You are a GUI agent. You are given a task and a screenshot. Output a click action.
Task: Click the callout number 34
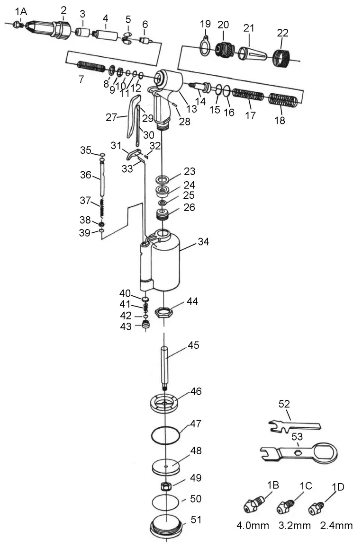point(204,242)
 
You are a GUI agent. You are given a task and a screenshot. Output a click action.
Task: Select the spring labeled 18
point(283,101)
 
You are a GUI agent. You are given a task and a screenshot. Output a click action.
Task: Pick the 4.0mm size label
point(253,525)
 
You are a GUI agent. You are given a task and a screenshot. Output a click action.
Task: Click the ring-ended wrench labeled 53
point(299,452)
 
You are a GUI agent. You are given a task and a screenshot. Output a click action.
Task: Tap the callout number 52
point(284,404)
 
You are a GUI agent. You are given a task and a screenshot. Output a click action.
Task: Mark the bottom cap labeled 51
point(166,526)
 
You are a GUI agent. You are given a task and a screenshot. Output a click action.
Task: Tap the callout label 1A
point(21,11)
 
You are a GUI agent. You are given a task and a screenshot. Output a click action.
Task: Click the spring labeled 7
point(90,67)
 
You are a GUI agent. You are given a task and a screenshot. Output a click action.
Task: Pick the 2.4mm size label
point(336,525)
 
